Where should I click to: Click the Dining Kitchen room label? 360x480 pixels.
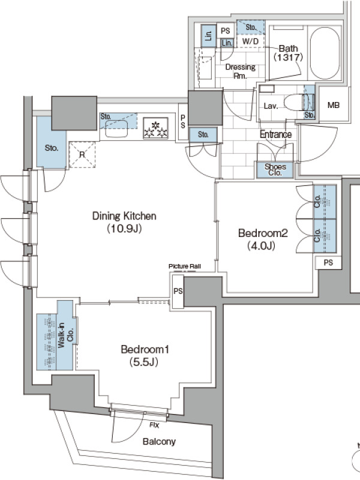[x=124, y=216]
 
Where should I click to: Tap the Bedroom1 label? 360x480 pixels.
[x=145, y=349]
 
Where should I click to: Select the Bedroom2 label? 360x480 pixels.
[x=263, y=233]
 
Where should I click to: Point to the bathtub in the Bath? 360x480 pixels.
[x=325, y=53]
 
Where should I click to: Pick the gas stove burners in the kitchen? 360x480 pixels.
[x=155, y=128]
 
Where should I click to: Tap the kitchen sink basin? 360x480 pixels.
[x=116, y=128]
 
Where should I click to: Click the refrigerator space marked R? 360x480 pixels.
[x=82, y=155]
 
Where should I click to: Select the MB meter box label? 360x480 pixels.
[x=334, y=105]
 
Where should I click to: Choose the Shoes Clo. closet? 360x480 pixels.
[x=275, y=170]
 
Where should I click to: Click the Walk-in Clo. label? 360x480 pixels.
[x=65, y=335]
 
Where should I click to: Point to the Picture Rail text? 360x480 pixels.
[x=185, y=266]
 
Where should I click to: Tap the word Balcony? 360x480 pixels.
[x=159, y=442]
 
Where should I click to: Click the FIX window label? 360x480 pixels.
[x=154, y=425]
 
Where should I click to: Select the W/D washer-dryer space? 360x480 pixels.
[x=250, y=41]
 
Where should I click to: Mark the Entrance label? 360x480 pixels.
[x=275, y=134]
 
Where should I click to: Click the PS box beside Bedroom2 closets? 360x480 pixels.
[x=328, y=262]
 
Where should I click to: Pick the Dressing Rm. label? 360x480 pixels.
[x=241, y=71]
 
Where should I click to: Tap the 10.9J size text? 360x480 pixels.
[x=124, y=229]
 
